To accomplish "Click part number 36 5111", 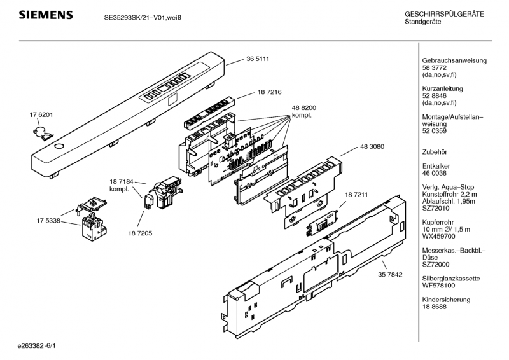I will tap(258, 59).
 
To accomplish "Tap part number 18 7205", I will tap(139, 233).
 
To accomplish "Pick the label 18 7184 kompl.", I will tap(122, 186).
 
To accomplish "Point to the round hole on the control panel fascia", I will tap(59, 146).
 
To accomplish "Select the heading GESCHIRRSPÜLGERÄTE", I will tap(444, 14).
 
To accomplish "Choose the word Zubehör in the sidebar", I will tap(436, 152).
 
